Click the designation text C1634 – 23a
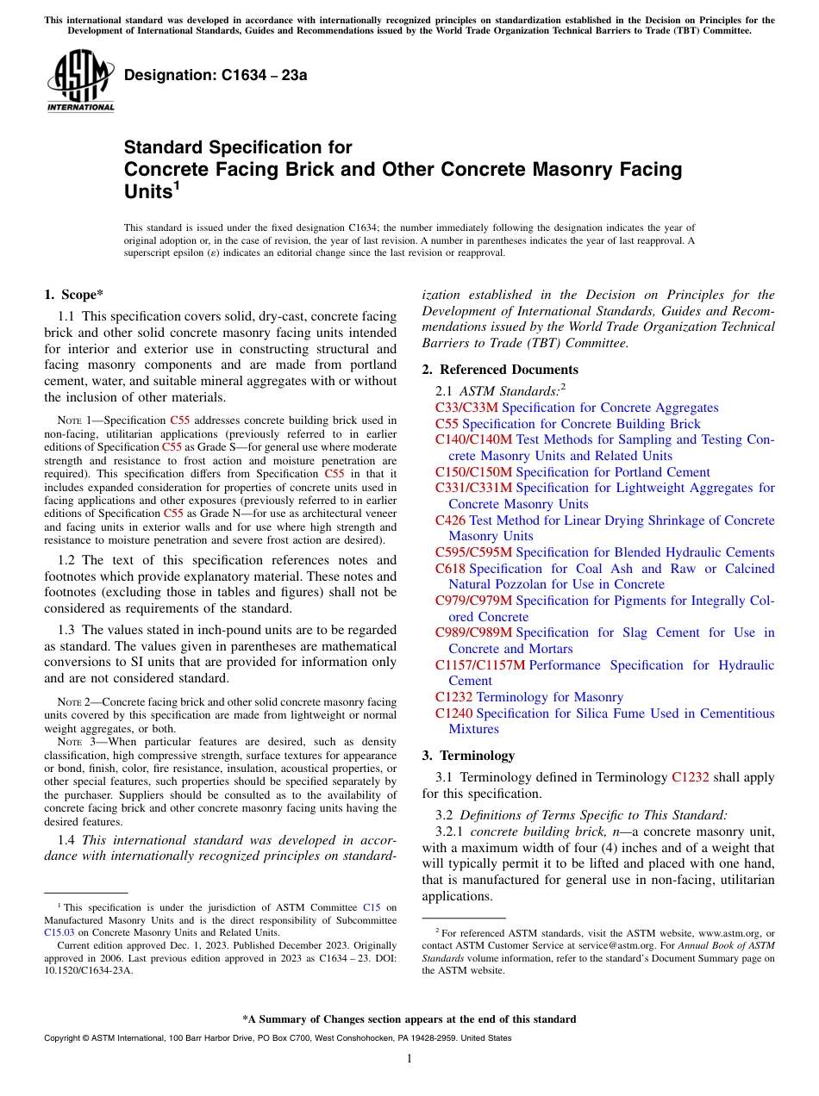[x=216, y=76]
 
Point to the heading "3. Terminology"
[x=468, y=756]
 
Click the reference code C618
[x=450, y=569]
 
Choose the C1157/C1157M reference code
[x=480, y=665]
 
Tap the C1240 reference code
[x=453, y=713]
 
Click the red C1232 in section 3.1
[x=690, y=777]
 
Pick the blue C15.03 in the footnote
[x=59, y=931]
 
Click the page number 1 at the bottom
[x=409, y=1059]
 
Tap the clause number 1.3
[x=68, y=630]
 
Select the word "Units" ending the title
[x=147, y=192]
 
